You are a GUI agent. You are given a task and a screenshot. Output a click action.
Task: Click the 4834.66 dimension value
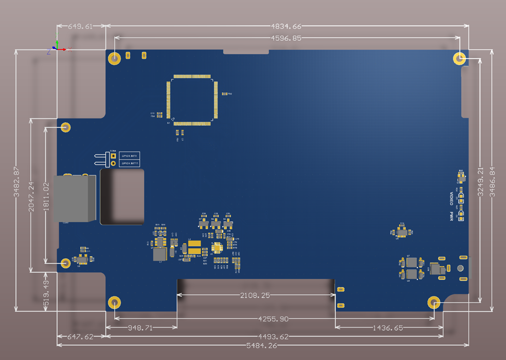(286, 26)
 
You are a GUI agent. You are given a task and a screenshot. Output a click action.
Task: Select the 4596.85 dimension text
(286, 38)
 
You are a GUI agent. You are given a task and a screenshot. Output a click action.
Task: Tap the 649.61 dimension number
(80, 26)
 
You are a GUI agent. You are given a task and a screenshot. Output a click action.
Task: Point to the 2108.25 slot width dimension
(255, 295)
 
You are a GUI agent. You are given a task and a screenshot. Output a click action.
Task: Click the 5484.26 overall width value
(261, 345)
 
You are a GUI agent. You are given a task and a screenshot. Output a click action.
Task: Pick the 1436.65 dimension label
(387, 328)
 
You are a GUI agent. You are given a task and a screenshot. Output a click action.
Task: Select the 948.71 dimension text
(141, 328)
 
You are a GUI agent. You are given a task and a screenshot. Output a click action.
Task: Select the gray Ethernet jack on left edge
(76, 198)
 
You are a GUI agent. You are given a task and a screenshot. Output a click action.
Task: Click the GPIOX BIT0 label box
(129, 156)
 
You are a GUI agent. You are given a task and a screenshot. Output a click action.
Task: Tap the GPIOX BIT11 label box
(130, 163)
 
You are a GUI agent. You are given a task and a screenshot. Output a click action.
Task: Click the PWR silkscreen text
(452, 215)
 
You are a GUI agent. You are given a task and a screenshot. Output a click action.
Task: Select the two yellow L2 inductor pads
(195, 248)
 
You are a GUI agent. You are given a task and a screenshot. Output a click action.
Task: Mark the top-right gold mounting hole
(459, 58)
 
